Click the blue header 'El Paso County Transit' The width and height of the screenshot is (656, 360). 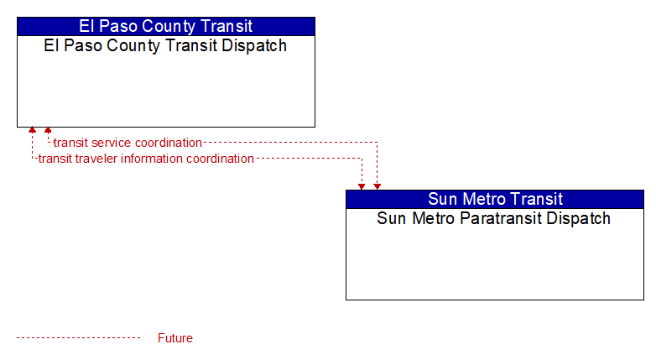tap(166, 26)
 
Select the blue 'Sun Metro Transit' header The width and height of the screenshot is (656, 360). tap(495, 199)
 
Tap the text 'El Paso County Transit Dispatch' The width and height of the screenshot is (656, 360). tap(165, 45)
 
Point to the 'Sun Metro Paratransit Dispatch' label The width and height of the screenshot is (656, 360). tap(493, 218)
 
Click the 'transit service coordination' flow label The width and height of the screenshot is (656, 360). tap(128, 143)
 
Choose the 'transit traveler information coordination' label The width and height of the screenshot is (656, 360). tap(146, 159)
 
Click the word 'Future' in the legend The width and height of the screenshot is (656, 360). tap(175, 338)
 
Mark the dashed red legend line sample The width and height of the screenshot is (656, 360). tap(78, 338)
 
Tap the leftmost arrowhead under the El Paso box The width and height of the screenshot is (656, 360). tap(32, 130)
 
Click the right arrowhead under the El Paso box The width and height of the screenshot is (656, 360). tap(48, 130)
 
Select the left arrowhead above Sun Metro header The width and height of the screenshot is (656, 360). tap(362, 187)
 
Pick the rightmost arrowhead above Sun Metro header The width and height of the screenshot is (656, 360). tap(377, 187)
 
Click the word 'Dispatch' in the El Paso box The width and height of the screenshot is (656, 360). tap(254, 45)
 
